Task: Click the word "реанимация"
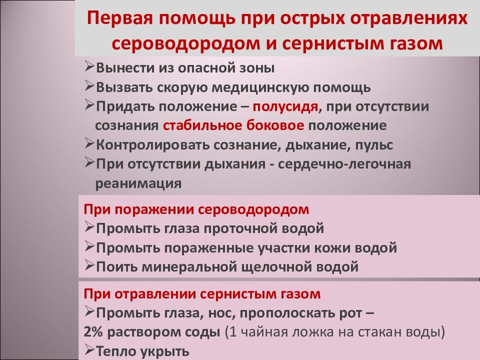(138, 183)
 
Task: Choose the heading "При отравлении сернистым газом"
(202, 293)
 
